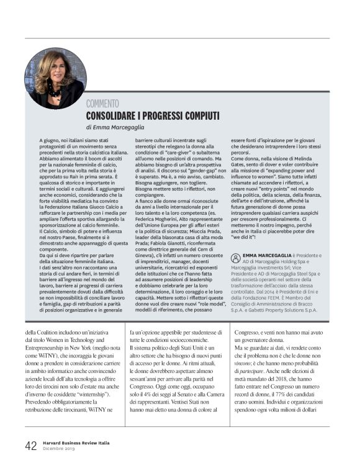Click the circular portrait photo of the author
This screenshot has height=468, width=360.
click(x=55, y=78)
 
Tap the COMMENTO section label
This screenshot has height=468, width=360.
click(x=102, y=104)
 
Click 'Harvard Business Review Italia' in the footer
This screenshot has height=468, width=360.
click(x=75, y=443)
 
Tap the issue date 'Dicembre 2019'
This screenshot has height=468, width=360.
click(x=58, y=449)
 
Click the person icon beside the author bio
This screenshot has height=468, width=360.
click(x=234, y=255)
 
